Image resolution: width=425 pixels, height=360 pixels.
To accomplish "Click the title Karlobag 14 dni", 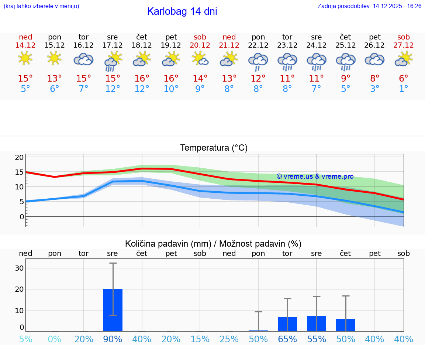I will click(182, 11).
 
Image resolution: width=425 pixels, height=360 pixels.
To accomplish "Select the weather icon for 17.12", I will click(113, 61).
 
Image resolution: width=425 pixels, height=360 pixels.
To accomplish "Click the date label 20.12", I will click(200, 45).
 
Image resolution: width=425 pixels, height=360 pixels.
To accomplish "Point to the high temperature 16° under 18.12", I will click(142, 79).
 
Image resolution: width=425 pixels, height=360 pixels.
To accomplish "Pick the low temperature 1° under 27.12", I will click(404, 89).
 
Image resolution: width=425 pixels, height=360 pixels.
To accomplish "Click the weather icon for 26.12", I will click(374, 59).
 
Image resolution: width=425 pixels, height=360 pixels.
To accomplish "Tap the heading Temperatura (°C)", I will click(214, 148).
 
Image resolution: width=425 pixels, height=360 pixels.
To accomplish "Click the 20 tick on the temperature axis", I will click(19, 158).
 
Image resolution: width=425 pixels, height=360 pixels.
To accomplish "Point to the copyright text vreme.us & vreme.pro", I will click(315, 176).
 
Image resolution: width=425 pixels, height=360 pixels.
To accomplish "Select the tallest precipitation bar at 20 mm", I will click(113, 310).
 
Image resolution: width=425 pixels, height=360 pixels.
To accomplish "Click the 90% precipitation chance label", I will click(113, 339).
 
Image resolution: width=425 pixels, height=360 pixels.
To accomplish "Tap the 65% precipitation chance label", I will click(287, 339).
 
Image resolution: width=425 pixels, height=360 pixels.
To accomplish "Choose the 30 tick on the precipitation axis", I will click(19, 268).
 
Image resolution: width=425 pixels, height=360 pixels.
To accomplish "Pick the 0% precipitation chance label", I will click(55, 339).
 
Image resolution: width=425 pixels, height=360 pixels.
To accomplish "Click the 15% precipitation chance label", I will click(200, 339).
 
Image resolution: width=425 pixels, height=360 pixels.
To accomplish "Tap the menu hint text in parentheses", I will click(41, 6).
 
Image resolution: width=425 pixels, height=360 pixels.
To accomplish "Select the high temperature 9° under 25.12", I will click(345, 79).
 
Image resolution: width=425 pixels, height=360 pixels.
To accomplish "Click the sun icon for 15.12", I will click(55, 58).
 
